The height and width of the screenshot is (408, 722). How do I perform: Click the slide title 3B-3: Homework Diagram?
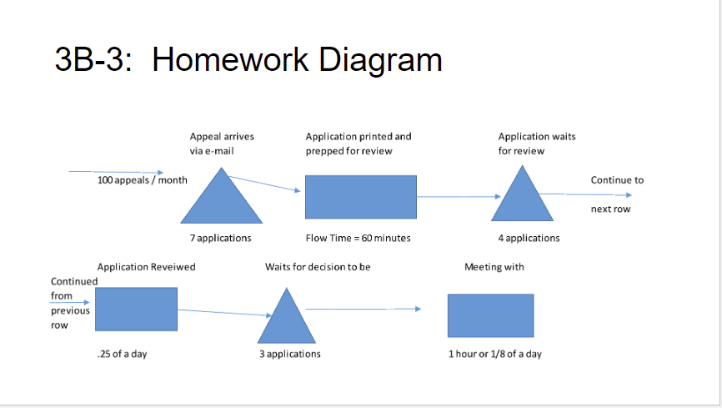[248, 60]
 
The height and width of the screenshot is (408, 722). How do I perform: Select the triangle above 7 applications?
[222, 200]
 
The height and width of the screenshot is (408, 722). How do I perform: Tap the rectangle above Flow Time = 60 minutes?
[360, 197]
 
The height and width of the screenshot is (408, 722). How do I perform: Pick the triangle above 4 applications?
[523, 199]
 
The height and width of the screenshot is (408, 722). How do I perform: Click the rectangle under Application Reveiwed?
[136, 309]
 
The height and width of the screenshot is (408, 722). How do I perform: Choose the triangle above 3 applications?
[287, 320]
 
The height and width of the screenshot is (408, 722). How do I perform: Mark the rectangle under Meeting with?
[490, 315]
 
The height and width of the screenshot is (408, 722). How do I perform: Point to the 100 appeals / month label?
[142, 180]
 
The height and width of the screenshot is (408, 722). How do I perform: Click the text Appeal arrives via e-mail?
[222, 144]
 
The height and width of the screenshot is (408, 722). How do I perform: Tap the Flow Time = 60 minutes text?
[358, 238]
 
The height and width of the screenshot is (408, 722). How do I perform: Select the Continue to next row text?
[616, 194]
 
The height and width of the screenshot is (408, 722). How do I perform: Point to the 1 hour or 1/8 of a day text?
[494, 354]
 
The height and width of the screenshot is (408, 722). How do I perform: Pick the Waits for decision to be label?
[318, 267]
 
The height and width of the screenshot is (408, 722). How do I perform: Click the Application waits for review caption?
[536, 144]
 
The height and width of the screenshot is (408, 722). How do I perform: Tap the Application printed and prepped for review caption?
[358, 144]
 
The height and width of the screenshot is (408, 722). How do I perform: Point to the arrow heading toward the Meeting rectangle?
[364, 309]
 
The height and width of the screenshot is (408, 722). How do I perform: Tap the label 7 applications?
[220, 238]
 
